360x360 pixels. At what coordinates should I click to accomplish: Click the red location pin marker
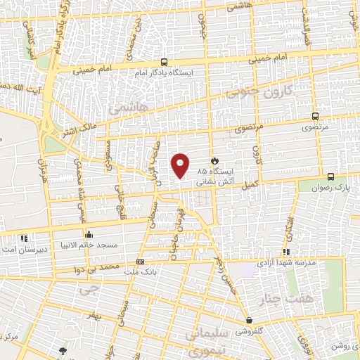coord(181,166)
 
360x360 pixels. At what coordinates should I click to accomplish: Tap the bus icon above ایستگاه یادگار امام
coord(163,61)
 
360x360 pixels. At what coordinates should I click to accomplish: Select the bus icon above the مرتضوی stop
coord(314,117)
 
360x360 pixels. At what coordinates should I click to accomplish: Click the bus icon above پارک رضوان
coord(331,176)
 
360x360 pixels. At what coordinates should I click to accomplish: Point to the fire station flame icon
coord(215,160)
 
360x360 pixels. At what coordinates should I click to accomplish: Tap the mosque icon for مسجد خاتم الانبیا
coord(88,235)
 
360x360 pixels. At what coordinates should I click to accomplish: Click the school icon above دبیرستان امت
coord(25,239)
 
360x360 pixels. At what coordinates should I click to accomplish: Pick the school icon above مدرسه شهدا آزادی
coord(286,252)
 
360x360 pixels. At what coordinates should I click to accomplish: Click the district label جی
coord(87,288)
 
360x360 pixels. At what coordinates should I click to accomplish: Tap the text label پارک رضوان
coord(333,187)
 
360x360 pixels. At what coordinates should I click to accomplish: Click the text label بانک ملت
coord(157,269)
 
